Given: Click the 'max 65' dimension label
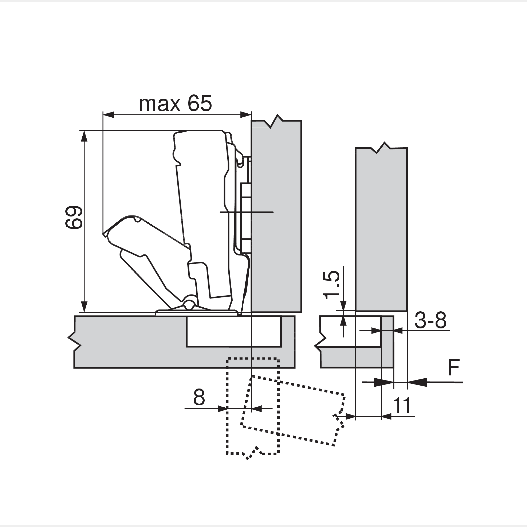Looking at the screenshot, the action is coord(175,104).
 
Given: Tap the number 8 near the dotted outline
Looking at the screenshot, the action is coord(199,398).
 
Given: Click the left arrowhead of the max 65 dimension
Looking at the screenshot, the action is coord(108,115).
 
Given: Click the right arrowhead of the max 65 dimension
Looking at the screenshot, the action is coord(245,115).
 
